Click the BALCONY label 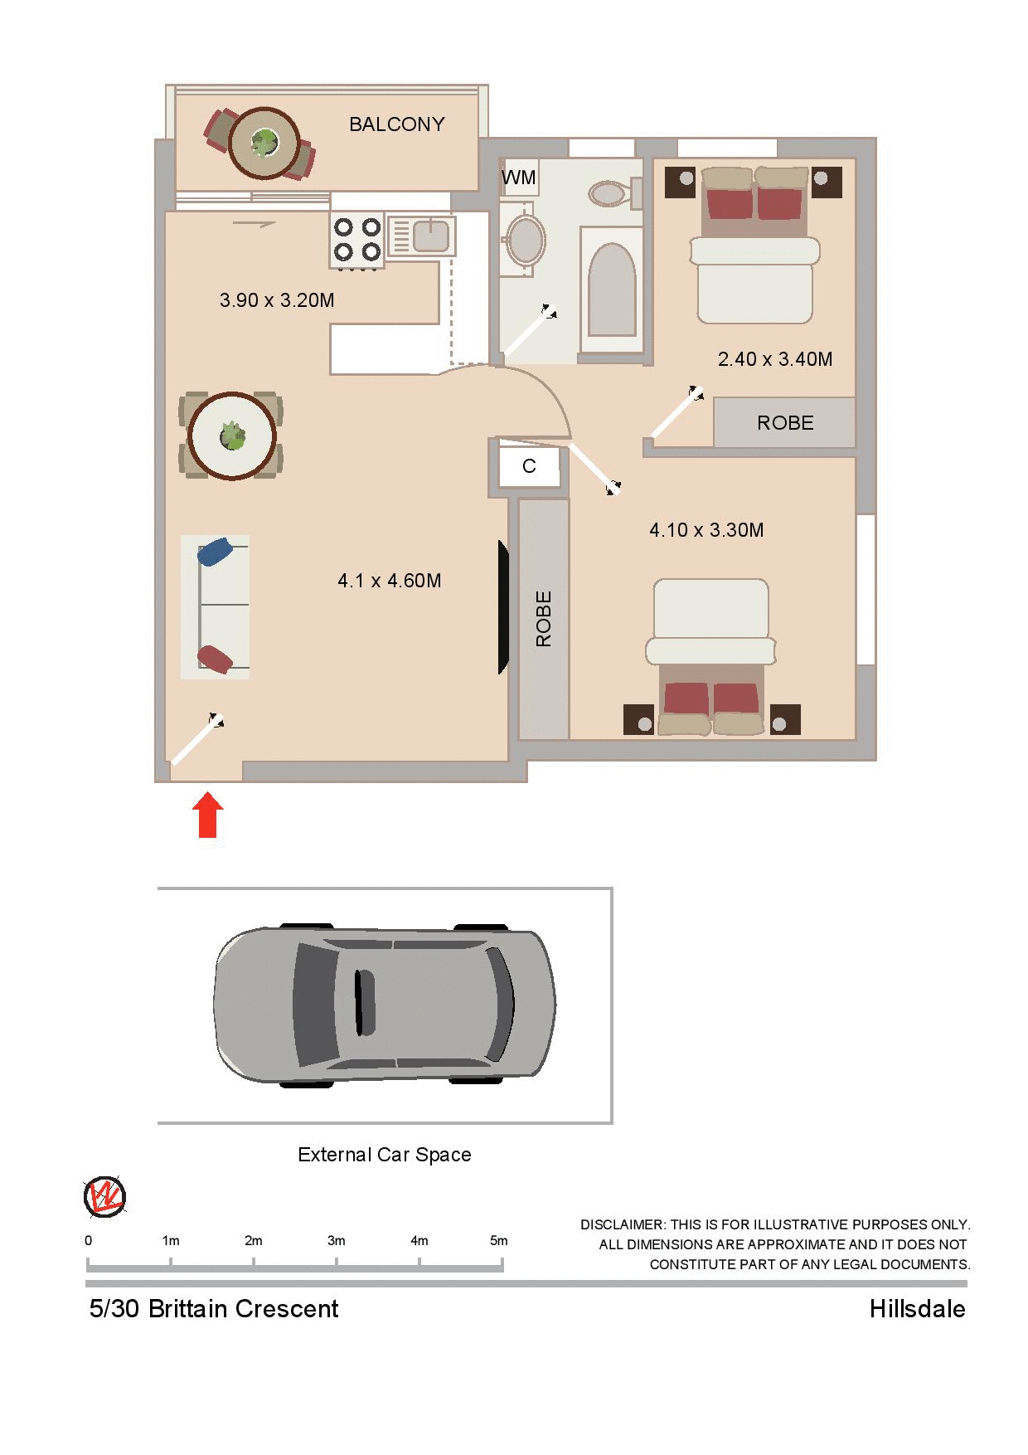point(396,124)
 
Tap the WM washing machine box point(519,178)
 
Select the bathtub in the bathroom point(612,290)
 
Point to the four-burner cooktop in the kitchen point(356,239)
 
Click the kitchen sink point(429,235)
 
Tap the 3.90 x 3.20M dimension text point(277,300)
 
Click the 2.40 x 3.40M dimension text point(774,359)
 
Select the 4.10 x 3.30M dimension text point(706,530)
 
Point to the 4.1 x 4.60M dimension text point(389,581)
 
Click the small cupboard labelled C point(529,467)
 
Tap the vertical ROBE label point(544,619)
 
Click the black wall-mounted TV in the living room point(502,606)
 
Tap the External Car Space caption point(384,1155)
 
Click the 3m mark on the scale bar point(336,1262)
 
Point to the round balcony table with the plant point(264,144)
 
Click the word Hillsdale point(917,1309)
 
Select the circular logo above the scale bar point(104,1197)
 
